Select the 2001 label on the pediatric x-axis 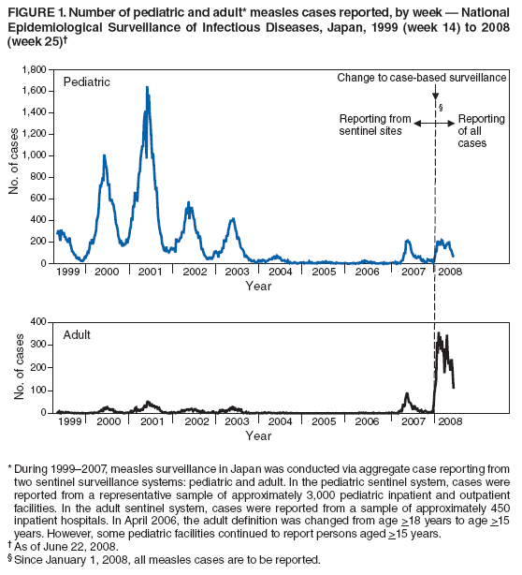pos(151,272)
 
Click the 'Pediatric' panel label pos(86,82)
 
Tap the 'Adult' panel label pos(77,333)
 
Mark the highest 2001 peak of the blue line pos(147,87)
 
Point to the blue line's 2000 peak pos(104,156)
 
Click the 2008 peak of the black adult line pos(439,332)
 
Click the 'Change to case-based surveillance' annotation pos(422,75)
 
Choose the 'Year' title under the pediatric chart pos(258,286)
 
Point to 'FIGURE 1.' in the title pos(35,10)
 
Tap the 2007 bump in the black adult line pos(407,394)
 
